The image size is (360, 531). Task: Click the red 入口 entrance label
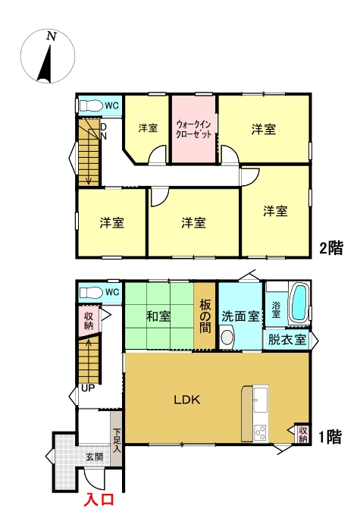click(x=99, y=500)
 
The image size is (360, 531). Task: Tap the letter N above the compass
click(x=51, y=36)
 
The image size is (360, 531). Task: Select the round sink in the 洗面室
click(x=227, y=338)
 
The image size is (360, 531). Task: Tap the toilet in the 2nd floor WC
click(x=91, y=105)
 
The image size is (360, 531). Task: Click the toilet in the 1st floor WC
click(x=91, y=293)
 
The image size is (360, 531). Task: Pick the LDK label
click(x=187, y=400)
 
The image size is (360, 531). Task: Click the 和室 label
click(x=158, y=316)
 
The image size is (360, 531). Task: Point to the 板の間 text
click(x=205, y=316)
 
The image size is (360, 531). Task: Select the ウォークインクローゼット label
click(x=193, y=129)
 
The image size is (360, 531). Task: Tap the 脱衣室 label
click(x=287, y=340)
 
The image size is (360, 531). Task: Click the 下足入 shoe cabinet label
click(x=117, y=441)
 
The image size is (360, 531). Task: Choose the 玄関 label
click(x=94, y=457)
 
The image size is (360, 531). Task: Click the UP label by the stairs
click(x=88, y=388)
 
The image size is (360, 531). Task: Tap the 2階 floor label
click(x=332, y=248)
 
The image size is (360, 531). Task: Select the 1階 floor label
click(x=330, y=437)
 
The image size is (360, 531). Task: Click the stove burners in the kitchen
click(x=261, y=432)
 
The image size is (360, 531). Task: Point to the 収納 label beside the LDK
click(x=303, y=435)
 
